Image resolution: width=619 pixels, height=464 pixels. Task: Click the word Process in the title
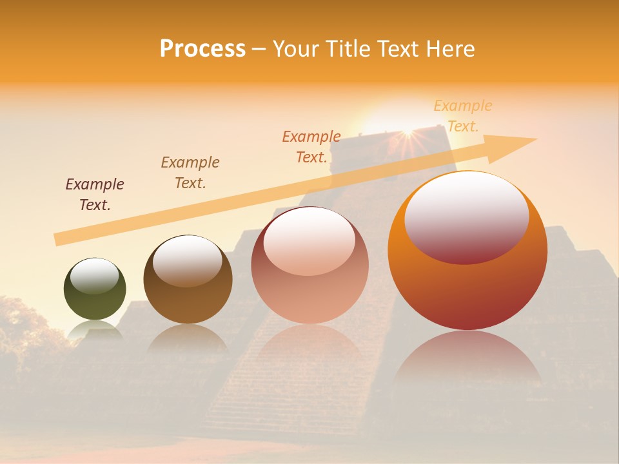coord(202,49)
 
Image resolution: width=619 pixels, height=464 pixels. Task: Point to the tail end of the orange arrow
coord(59,239)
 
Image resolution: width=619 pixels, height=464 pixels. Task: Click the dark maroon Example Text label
coord(95,195)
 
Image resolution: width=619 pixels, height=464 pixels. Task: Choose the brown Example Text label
coord(190,173)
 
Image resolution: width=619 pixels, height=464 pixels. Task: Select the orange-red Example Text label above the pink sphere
coord(311,147)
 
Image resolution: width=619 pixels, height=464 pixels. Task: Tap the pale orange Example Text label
coord(463,116)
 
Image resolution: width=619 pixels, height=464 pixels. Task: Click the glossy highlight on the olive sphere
coord(94,276)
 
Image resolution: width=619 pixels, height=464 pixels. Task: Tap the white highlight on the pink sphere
coord(309,240)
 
